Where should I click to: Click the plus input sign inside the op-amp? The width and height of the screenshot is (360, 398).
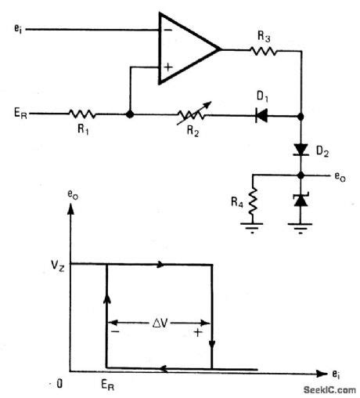[x=167, y=68]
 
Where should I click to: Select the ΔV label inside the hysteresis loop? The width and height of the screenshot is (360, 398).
[x=159, y=321]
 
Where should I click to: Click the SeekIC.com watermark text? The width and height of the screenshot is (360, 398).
[x=325, y=389]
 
